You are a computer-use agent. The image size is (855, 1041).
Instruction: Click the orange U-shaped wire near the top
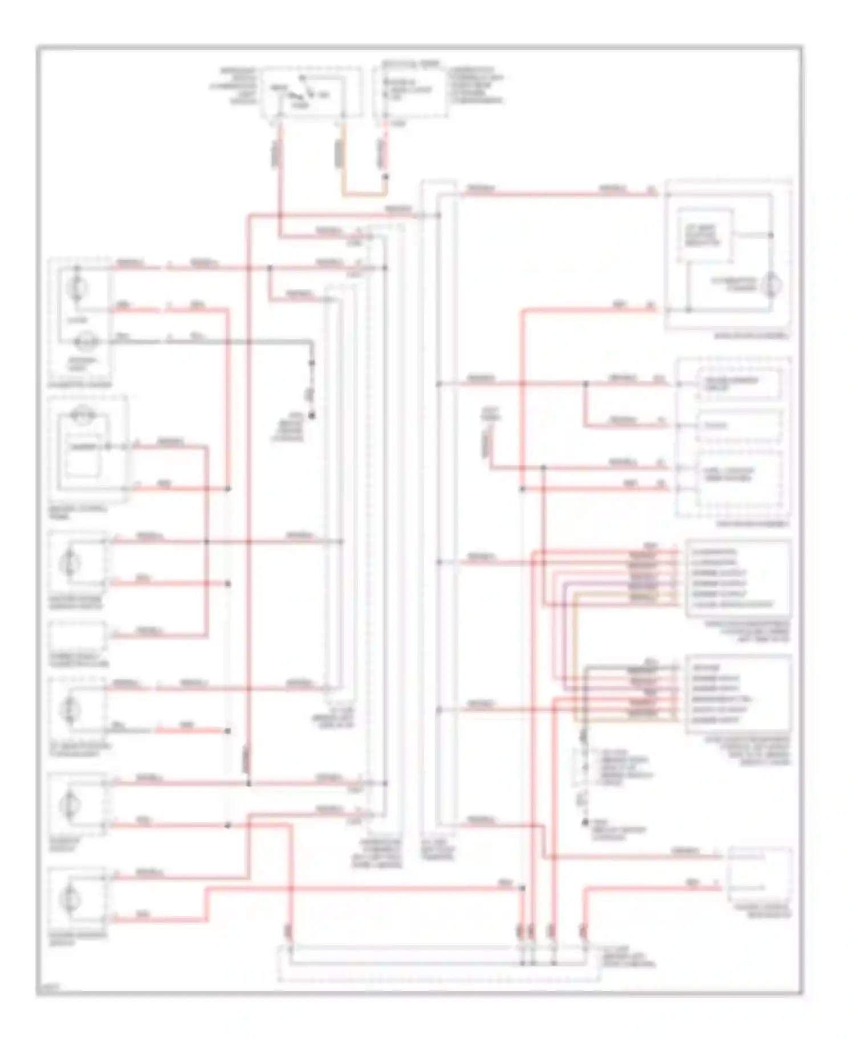click(363, 194)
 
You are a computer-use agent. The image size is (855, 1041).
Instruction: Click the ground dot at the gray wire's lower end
click(312, 415)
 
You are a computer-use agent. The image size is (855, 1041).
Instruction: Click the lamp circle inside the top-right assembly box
click(771, 285)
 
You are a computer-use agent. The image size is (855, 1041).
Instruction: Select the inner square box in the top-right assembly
click(705, 235)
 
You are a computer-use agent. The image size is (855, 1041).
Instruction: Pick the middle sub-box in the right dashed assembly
click(738, 426)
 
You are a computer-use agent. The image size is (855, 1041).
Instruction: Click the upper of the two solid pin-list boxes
click(739, 579)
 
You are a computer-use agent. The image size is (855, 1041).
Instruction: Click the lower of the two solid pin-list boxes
click(739, 694)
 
